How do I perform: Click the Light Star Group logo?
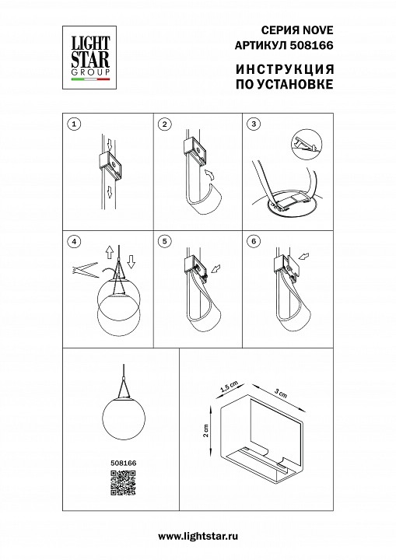[90, 57]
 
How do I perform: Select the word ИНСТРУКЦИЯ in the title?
[285, 69]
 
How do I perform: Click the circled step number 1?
[74, 124]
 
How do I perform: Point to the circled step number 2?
[164, 124]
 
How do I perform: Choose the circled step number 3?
[254, 124]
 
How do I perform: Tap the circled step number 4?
[74, 241]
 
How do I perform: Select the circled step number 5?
[164, 241]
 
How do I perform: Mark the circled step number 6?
[254, 241]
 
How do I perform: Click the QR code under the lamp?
[123, 482]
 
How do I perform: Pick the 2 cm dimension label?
[205, 430]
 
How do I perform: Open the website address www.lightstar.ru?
[198, 537]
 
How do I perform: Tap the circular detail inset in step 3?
[307, 145]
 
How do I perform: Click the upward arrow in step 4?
[110, 252]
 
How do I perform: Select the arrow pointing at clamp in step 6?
[303, 257]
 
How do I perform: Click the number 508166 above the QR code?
[123, 463]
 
